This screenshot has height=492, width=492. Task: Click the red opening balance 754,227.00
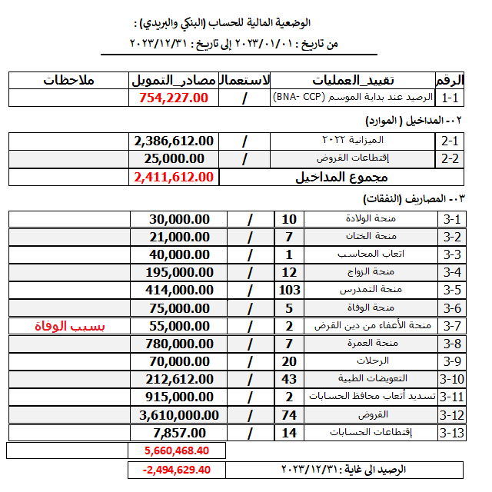(x=175, y=98)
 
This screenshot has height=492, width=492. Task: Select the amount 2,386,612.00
(x=174, y=141)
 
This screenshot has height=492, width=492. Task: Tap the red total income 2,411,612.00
(x=174, y=177)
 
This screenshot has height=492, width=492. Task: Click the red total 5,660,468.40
(x=177, y=450)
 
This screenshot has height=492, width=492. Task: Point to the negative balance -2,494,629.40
(x=177, y=469)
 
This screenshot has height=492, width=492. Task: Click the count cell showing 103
(x=290, y=290)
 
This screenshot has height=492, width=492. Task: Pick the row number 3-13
(x=453, y=433)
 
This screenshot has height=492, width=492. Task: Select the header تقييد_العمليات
(x=353, y=80)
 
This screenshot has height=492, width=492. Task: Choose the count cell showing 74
(x=290, y=415)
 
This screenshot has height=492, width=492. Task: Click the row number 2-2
(x=450, y=159)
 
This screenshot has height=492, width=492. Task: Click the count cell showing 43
(x=290, y=379)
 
